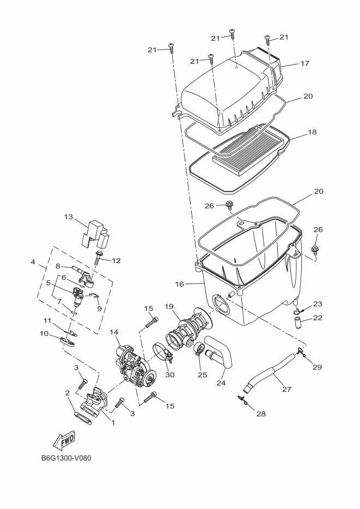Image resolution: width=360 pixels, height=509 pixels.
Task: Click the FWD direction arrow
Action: click(x=64, y=440)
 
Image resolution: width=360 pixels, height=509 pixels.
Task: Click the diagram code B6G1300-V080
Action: click(x=66, y=457)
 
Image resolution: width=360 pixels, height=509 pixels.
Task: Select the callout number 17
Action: click(x=304, y=64)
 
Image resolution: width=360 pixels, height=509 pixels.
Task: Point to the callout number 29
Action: click(x=318, y=367)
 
